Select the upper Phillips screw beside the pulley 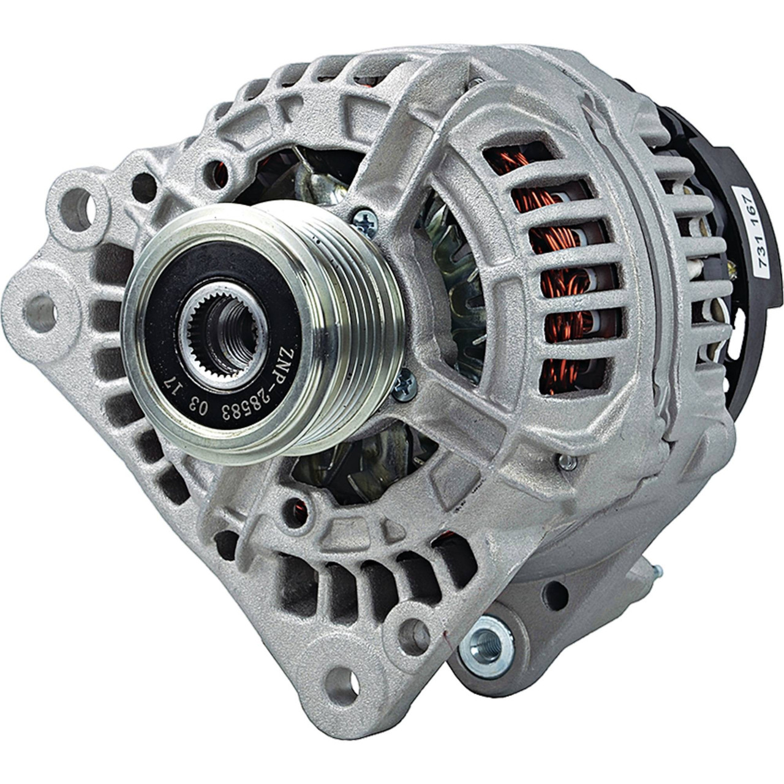[365, 222]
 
